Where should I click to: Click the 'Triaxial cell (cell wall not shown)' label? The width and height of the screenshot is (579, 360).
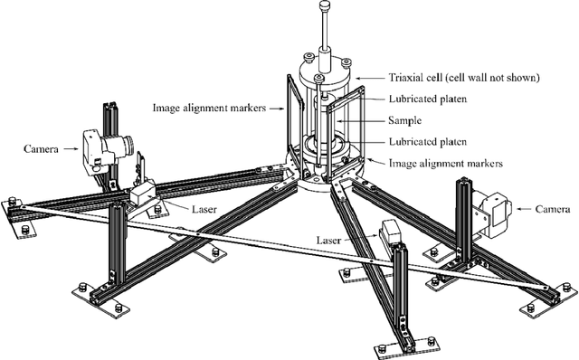tap(464, 78)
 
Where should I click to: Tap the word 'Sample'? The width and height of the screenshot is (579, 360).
tap(405, 120)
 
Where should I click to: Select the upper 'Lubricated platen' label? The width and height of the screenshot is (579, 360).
tap(428, 99)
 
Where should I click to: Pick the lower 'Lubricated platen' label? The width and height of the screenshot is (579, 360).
tap(428, 142)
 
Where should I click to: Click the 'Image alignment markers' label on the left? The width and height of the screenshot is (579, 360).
tap(209, 108)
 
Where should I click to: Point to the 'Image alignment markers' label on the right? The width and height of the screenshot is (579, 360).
tap(446, 163)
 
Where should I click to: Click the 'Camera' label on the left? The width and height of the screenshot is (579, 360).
tap(41, 149)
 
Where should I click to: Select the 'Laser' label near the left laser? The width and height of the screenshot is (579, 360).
tap(204, 210)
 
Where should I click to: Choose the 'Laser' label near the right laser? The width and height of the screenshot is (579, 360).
tap(328, 241)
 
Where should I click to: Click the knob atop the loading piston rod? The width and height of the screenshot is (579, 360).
tap(325, 6)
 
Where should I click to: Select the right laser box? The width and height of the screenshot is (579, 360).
tap(391, 232)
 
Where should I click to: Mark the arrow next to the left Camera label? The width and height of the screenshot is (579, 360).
tap(71, 149)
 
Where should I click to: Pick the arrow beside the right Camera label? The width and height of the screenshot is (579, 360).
tap(524, 209)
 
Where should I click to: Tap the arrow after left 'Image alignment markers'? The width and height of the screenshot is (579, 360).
tap(277, 109)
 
